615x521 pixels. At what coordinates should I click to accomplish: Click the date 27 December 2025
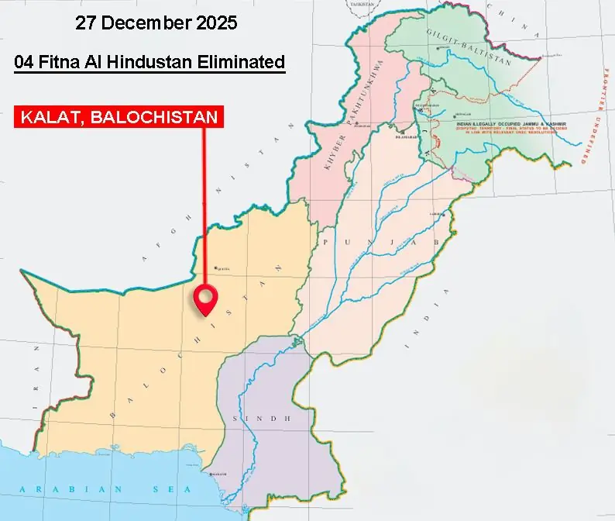point(156,22)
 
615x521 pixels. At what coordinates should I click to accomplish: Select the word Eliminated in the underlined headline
point(242,62)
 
